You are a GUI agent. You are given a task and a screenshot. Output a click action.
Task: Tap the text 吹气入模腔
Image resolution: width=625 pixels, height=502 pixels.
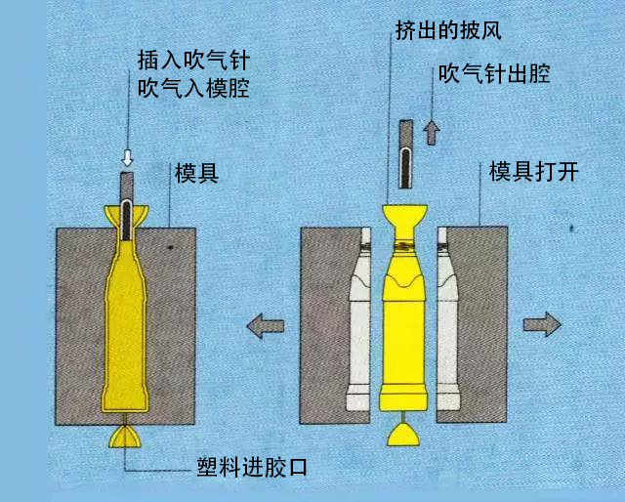(x=193, y=90)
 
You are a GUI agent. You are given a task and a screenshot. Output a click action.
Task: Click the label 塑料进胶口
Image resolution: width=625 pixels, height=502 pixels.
(x=252, y=468)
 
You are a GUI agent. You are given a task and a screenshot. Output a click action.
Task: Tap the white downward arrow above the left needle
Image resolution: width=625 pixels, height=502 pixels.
(x=126, y=156)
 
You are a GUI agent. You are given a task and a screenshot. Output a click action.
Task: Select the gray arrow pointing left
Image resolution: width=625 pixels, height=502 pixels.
(x=265, y=325)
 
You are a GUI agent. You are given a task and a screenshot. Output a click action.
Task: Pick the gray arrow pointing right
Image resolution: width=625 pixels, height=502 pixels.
(x=542, y=324)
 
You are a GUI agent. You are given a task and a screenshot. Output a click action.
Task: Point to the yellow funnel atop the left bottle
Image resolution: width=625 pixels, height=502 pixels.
(x=127, y=217)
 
